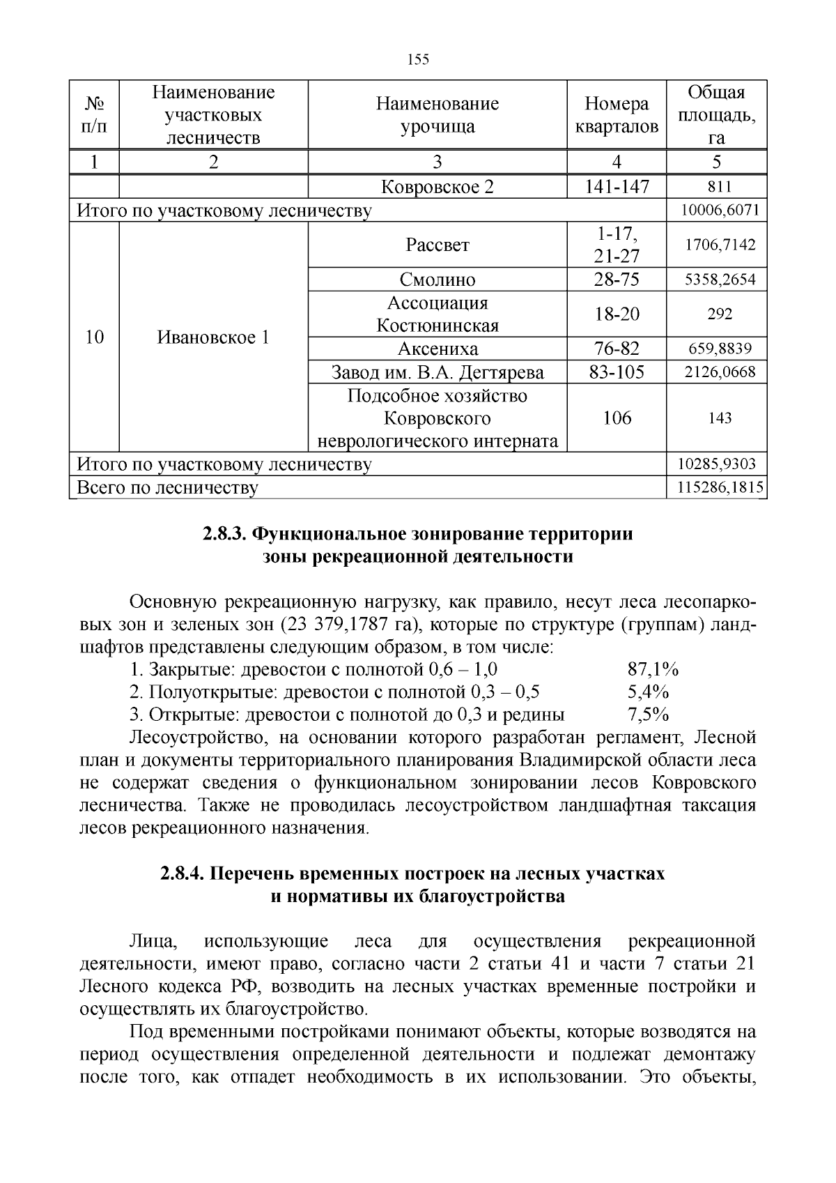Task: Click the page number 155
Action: click(418, 59)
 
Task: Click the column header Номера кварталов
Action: click(617, 115)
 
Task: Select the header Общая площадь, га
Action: click(716, 115)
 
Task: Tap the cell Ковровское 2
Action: click(438, 187)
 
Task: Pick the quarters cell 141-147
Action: click(617, 187)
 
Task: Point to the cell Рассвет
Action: click(438, 245)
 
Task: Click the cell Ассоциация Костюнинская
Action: click(438, 314)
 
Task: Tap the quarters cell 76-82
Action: click(617, 349)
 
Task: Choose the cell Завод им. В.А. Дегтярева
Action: click(438, 372)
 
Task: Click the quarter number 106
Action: click(617, 418)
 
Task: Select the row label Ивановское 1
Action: click(213, 338)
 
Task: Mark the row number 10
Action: click(95, 338)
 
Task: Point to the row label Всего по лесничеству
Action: click(167, 487)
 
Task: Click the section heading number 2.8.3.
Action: click(224, 534)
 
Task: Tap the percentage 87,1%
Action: click(653, 670)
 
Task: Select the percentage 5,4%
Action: click(648, 692)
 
